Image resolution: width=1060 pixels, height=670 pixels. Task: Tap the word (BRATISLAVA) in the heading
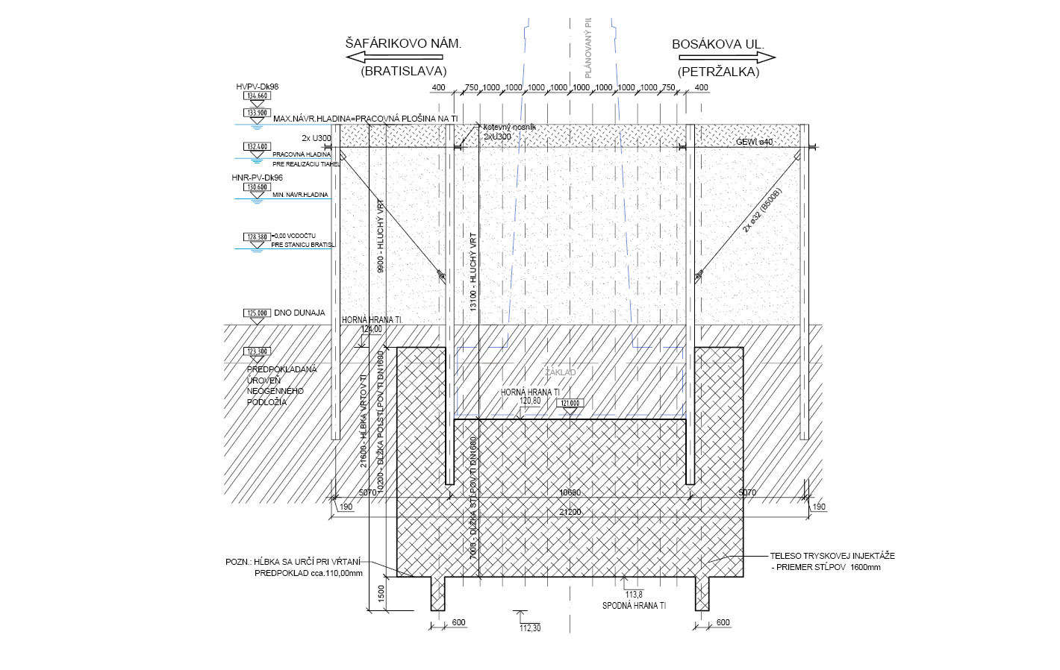click(403, 72)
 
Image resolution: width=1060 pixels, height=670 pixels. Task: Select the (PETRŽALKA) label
click(718, 72)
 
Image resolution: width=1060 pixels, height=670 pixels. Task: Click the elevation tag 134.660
click(257, 96)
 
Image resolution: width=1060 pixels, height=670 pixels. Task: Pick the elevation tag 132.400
click(257, 147)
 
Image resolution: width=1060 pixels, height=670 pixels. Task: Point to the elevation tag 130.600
click(257, 187)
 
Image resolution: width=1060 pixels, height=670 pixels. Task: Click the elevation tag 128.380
click(257, 237)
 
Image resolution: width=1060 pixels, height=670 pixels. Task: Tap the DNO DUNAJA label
click(299, 313)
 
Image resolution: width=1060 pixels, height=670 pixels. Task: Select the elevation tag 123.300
click(257, 351)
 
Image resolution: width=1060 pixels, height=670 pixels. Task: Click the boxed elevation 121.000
click(570, 403)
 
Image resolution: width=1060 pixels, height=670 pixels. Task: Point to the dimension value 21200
click(570, 512)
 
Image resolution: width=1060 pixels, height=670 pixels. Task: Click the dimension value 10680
click(570, 492)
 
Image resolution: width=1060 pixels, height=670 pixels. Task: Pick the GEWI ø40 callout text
click(755, 142)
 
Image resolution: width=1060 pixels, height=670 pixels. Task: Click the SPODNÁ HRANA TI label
click(634, 606)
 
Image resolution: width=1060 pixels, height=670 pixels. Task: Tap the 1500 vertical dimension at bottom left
click(381, 594)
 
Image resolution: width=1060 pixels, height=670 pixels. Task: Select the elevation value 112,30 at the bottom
click(530, 628)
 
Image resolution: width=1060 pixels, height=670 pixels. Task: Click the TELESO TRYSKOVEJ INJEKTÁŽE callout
click(832, 556)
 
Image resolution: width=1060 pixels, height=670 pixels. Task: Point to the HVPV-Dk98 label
click(258, 87)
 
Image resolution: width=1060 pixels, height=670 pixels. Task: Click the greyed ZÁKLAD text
click(560, 372)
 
